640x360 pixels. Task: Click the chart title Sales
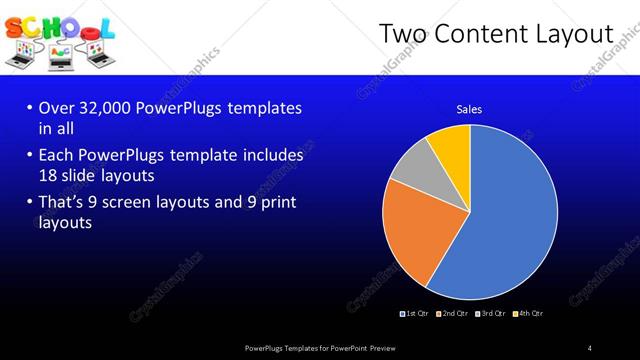[x=470, y=109]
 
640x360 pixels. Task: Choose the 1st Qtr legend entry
[x=416, y=314]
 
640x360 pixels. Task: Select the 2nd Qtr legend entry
[x=454, y=314]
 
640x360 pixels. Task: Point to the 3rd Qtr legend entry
[x=492, y=314]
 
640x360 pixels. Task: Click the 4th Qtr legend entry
[x=529, y=314]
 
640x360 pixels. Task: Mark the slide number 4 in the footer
[x=590, y=347]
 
